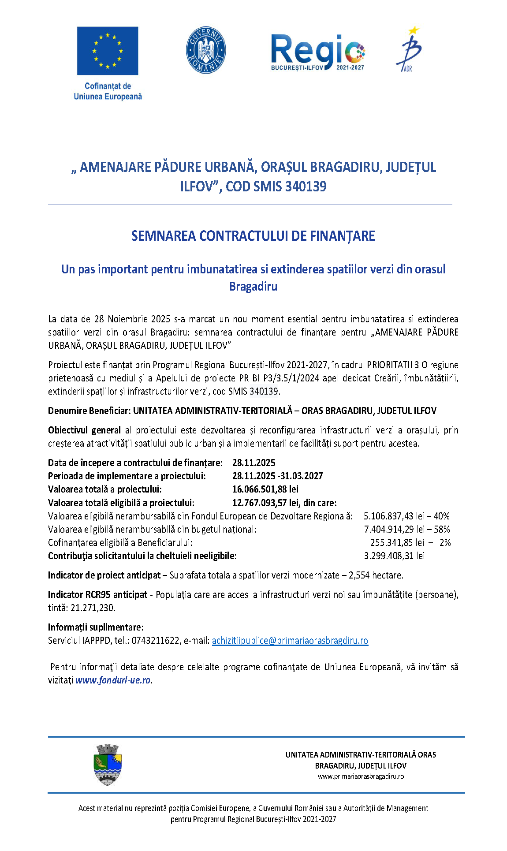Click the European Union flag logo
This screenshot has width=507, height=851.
click(x=107, y=51)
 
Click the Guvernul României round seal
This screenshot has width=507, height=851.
click(x=206, y=50)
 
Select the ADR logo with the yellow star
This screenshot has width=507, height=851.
click(x=410, y=49)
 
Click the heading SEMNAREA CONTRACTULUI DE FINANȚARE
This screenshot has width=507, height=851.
click(x=253, y=236)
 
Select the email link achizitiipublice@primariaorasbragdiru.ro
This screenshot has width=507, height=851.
click(x=290, y=640)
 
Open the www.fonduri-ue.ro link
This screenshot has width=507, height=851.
click(x=113, y=680)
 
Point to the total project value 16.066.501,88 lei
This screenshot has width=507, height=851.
click(x=265, y=489)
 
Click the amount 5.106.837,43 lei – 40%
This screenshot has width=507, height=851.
click(x=406, y=516)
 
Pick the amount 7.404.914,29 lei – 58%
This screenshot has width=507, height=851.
click(x=406, y=529)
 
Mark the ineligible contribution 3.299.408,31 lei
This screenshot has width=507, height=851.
click(x=394, y=556)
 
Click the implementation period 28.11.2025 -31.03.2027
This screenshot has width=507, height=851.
click(x=277, y=476)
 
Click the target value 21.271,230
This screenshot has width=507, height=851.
click(x=93, y=608)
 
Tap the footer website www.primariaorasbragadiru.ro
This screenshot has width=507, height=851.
click(x=361, y=776)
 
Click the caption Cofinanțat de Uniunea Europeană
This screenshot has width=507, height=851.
click(x=108, y=91)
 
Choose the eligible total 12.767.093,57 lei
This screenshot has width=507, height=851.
click(x=265, y=503)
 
